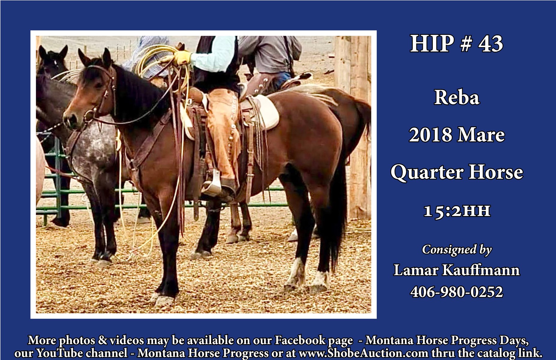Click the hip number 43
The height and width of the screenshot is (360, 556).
(x=490, y=44)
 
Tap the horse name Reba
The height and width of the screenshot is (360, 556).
(x=457, y=97)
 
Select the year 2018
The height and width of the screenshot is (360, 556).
(x=431, y=135)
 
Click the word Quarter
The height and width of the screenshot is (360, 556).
(x=427, y=172)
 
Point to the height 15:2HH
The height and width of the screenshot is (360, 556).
(x=457, y=211)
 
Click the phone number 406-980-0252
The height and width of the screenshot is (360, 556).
(x=456, y=292)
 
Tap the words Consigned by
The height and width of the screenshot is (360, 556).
(x=457, y=250)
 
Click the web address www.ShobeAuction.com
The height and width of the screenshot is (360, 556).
(x=363, y=353)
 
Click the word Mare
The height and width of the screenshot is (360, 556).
(x=480, y=135)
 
